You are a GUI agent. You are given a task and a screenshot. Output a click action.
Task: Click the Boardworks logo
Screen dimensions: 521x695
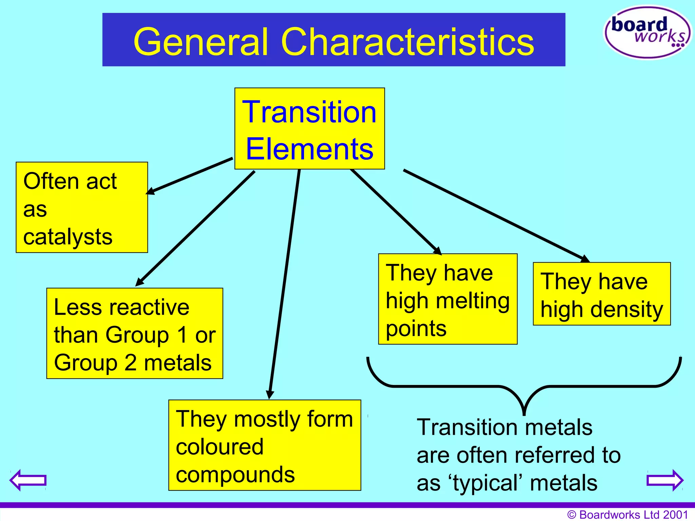click(647, 32)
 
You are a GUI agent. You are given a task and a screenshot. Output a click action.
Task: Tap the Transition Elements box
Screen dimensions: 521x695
click(309, 129)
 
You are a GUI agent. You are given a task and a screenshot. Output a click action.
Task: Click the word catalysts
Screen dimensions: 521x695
click(68, 237)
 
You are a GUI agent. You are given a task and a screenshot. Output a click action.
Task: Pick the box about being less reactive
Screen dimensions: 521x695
click(135, 333)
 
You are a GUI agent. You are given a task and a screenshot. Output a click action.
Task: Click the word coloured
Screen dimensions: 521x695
click(220, 447)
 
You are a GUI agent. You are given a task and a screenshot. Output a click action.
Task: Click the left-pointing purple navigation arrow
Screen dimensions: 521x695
click(28, 480)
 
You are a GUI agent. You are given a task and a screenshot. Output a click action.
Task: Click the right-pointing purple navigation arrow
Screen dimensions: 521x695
click(665, 480)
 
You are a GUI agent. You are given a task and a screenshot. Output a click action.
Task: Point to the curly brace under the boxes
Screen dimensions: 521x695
click(524, 387)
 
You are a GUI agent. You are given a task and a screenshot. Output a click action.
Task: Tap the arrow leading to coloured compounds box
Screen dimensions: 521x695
click(284, 285)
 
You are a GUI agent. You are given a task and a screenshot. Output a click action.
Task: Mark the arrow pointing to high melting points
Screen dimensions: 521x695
click(395, 212)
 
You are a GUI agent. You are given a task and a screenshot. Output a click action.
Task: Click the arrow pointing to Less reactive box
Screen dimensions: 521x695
click(195, 228)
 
